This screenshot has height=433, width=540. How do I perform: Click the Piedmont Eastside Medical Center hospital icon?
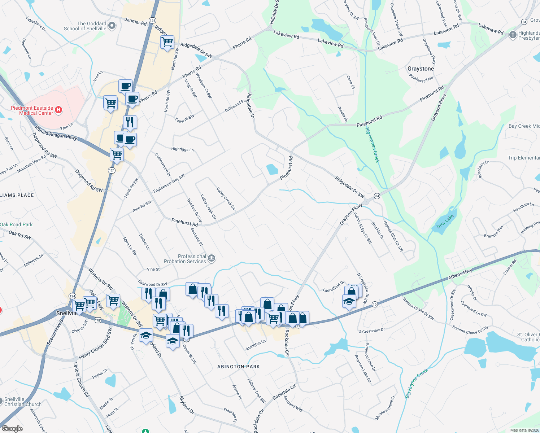[58, 109]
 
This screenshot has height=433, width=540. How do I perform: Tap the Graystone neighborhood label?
[421, 69]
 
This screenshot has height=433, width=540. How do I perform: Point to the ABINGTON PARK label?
[239, 367]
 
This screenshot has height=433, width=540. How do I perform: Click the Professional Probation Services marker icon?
[212, 258]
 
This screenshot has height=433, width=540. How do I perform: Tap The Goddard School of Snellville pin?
[112, 25]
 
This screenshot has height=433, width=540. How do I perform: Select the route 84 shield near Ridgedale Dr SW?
[377, 196]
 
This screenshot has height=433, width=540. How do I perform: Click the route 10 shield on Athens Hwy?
[375, 305]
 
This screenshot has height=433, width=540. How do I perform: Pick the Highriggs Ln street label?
[182, 149]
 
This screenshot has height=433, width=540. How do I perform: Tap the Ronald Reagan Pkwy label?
[56, 132]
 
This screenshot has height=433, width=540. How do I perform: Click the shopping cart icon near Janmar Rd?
[167, 42]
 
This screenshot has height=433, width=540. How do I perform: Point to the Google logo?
[12, 429]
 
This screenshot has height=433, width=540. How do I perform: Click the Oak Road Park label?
[16, 224]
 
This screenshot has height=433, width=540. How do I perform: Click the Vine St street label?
[153, 269]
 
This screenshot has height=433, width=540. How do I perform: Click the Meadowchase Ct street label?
[385, 408]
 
